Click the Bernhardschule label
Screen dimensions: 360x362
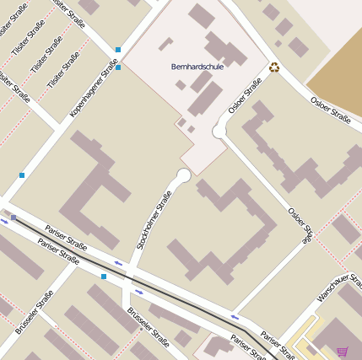pos(197,66)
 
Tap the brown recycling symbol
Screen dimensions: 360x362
pos(274,67)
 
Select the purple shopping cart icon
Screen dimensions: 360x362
pos(342,351)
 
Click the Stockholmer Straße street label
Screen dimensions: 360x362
pos(154,220)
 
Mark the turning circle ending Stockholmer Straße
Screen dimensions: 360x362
pos(183,175)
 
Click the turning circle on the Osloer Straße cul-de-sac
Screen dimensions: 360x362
pos(219,131)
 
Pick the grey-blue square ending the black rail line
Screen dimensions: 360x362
pos(14,218)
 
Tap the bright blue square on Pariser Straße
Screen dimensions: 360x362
pos(104,276)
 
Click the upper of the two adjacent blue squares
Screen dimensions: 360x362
pos(118,50)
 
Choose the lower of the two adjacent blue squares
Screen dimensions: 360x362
pos(118,67)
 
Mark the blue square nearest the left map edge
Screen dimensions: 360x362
pos(22,175)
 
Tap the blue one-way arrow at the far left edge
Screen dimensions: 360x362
pos(4,221)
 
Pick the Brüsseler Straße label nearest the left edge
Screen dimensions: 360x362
pos(35,311)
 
